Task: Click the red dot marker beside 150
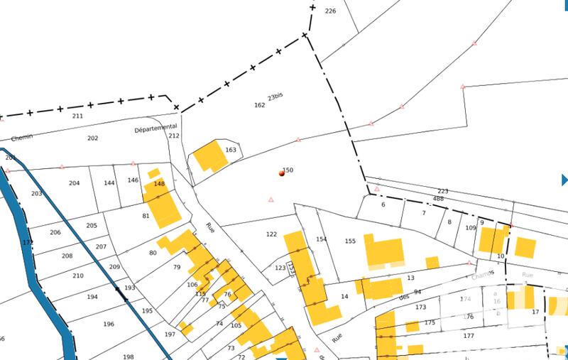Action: tap(282, 173)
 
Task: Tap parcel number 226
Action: tap(329, 11)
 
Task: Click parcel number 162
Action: tap(259, 105)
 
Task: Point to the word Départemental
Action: tap(155, 129)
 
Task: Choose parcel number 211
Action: tap(77, 116)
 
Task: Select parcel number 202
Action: tap(92, 138)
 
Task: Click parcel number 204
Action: tap(74, 183)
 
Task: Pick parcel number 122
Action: tap(271, 234)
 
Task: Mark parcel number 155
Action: tap(349, 241)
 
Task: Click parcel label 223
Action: tap(443, 192)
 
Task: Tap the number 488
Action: tap(438, 199)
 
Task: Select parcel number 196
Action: tap(109, 324)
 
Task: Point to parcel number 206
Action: tap(55, 233)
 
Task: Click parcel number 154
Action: tap(322, 240)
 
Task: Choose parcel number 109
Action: tap(470, 228)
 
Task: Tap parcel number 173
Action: tap(420, 307)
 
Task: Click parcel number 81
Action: tap(146, 216)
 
